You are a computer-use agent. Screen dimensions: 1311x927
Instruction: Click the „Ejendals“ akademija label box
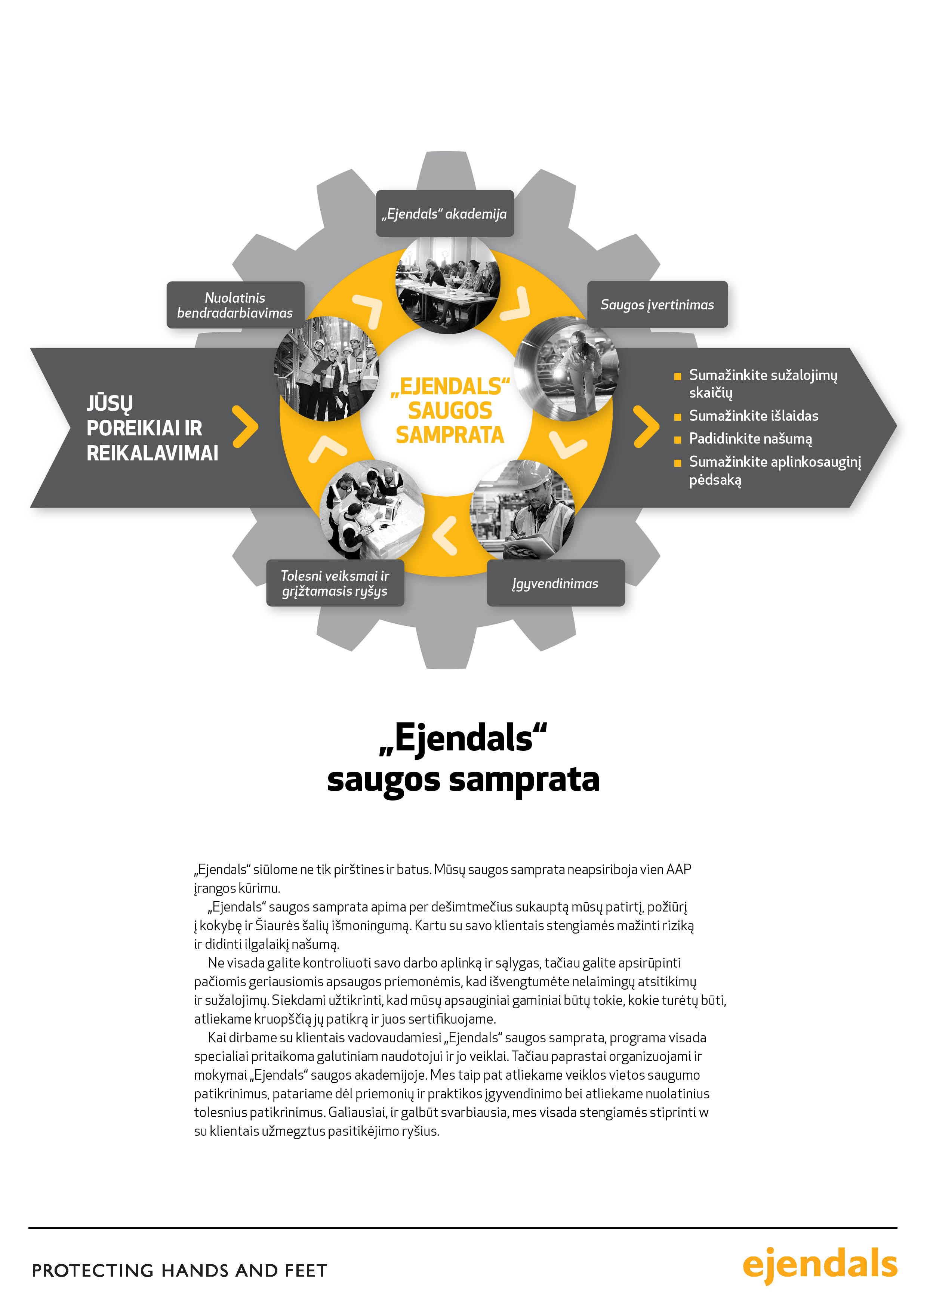click(444, 213)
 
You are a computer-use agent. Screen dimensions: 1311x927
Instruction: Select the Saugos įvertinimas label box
click(657, 304)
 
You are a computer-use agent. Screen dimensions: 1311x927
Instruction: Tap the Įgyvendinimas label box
click(555, 583)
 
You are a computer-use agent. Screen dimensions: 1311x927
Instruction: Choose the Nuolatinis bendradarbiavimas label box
click(235, 305)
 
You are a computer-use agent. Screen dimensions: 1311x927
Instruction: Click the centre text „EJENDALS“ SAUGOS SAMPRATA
click(450, 411)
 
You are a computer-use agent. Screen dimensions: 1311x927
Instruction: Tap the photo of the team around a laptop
click(372, 510)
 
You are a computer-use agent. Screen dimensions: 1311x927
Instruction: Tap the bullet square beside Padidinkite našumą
click(677, 439)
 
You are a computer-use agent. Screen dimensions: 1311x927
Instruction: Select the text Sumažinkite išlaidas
click(753, 416)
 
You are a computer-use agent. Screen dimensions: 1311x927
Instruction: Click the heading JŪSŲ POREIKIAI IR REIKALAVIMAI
click(152, 428)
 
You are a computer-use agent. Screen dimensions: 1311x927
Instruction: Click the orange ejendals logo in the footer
click(820, 1264)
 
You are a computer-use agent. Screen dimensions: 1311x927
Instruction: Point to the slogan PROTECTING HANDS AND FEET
click(179, 1271)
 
